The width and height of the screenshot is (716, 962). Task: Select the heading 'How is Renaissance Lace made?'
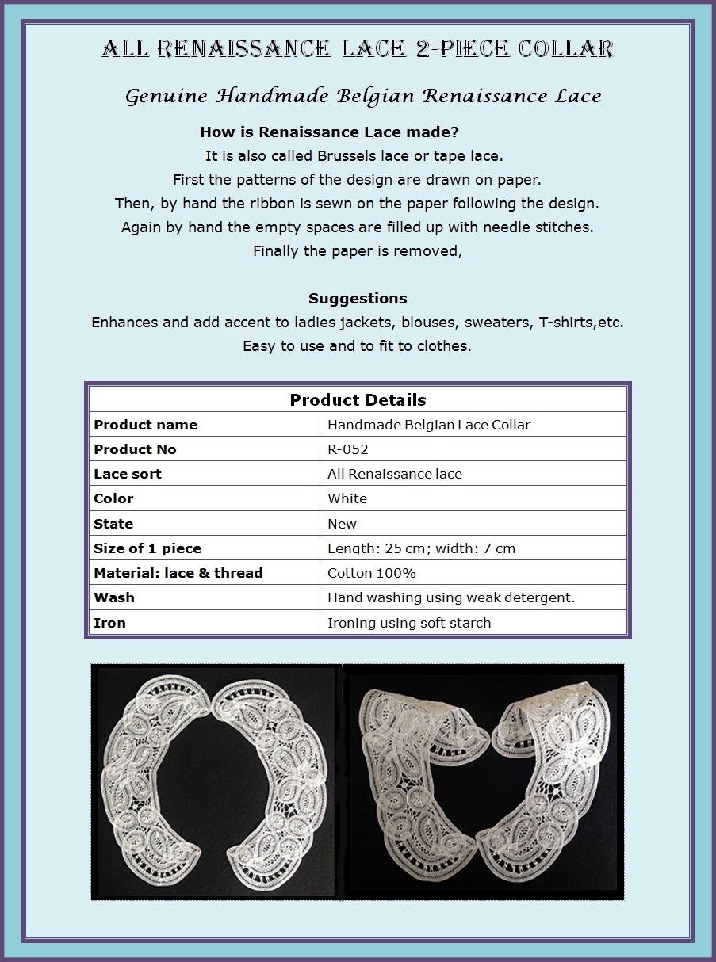329,132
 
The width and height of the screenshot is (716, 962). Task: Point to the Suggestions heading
358,299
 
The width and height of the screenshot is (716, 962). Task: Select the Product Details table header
358,400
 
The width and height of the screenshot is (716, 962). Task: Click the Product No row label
135,449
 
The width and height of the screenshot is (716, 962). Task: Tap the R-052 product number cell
347,449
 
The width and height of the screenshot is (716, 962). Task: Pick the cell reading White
347,498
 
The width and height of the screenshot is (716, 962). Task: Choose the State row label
113,524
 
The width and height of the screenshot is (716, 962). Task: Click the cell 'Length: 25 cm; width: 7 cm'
421,548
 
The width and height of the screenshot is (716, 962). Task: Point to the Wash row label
114,597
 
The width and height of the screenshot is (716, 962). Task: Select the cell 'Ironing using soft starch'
409,623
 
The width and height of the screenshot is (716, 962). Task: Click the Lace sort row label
127,474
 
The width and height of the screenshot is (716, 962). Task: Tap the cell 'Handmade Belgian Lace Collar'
429,425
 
